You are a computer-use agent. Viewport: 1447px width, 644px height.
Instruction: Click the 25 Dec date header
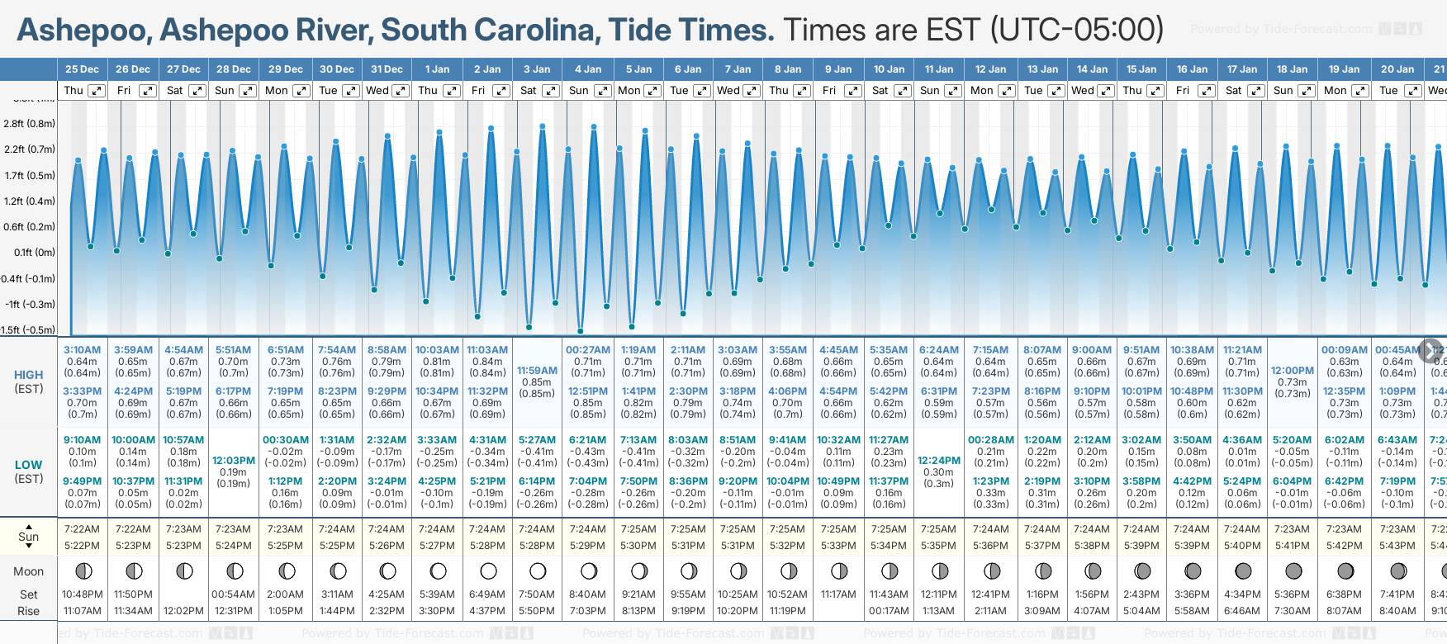82,69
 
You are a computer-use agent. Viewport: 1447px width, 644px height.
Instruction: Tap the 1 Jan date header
437,69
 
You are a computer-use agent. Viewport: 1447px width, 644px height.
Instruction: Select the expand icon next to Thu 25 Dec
97,91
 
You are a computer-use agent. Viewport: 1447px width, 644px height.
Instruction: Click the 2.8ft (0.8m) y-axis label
29,124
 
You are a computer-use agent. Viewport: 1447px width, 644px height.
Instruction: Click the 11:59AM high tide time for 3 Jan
537,371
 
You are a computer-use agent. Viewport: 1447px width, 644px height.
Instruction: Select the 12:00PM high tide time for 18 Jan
1293,371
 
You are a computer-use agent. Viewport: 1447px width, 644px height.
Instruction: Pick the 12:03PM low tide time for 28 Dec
234,461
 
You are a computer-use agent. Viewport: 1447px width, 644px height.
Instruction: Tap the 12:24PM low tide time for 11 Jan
939,461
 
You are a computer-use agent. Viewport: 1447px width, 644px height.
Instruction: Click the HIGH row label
29,375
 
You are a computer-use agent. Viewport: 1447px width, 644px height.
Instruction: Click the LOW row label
29,465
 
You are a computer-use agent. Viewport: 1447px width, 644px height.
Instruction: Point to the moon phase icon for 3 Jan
538,571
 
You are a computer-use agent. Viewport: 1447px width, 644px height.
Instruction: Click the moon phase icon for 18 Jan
1293,571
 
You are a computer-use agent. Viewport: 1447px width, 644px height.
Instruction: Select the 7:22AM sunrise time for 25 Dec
82,529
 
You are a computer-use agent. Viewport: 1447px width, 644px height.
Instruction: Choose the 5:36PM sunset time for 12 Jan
990,546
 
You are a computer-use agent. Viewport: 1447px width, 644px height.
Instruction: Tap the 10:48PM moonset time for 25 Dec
82,594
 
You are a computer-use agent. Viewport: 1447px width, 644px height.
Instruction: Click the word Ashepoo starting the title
83,30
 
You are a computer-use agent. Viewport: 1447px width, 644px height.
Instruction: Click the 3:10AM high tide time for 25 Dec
82,350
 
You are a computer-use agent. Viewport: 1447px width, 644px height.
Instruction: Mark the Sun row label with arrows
29,537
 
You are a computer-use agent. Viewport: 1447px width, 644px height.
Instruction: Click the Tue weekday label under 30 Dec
328,91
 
